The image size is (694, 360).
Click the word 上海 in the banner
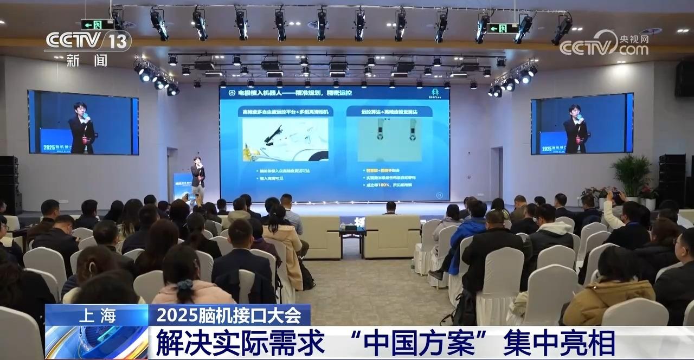(x=97, y=315)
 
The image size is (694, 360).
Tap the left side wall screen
(x=83, y=122)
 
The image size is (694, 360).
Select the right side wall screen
(x=582, y=124)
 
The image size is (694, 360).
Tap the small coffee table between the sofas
(x=352, y=234)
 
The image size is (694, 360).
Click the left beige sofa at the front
(x=320, y=236)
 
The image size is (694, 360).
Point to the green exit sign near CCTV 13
(x=97, y=24)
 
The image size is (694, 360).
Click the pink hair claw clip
(x=184, y=285)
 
